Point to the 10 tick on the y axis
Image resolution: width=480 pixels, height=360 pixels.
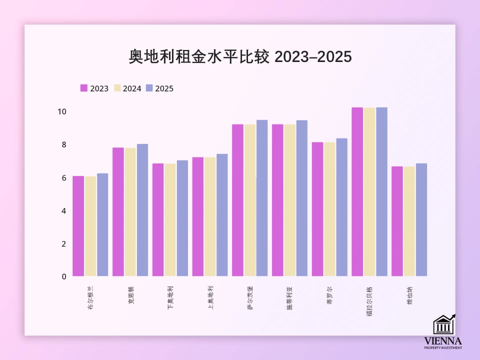click(62, 111)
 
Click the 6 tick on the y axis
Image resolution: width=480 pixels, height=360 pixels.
click(63, 177)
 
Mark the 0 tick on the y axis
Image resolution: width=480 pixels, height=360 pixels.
click(63, 276)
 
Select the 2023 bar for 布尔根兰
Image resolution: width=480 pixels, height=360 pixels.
click(78, 226)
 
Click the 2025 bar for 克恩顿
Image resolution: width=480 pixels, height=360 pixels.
click(142, 210)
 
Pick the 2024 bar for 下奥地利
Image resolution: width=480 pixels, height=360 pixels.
click(170, 220)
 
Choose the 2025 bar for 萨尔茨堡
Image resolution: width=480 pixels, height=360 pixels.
click(262, 198)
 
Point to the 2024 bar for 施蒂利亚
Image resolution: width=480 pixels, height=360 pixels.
click(290, 200)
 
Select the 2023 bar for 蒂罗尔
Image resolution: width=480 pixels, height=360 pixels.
click(317, 209)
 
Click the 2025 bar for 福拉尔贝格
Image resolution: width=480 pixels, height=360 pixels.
click(381, 191)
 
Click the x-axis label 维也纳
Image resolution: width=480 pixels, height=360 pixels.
click(409, 295)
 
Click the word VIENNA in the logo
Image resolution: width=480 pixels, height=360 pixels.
click(443, 340)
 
